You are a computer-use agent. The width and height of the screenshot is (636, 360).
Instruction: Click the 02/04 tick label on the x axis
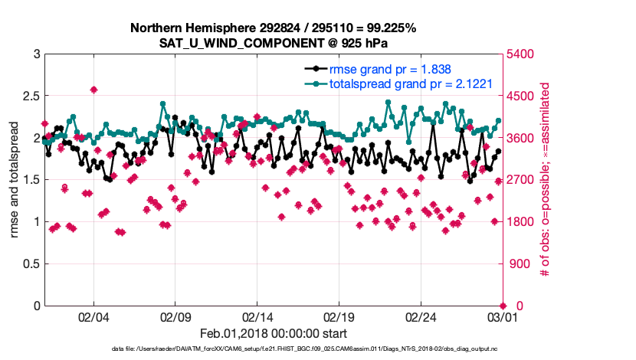[93, 317]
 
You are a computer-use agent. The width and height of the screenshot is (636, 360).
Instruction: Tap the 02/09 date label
[175, 317]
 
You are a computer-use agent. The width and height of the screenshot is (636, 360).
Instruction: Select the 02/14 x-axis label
[257, 317]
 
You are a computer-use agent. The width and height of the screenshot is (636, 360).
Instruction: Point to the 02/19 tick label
[339, 317]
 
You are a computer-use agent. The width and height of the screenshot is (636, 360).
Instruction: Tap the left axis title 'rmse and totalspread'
[15, 180]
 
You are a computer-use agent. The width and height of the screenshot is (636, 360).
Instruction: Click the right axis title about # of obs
[546, 180]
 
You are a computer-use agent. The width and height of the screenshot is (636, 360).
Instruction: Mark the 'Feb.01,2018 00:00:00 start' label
[273, 333]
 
